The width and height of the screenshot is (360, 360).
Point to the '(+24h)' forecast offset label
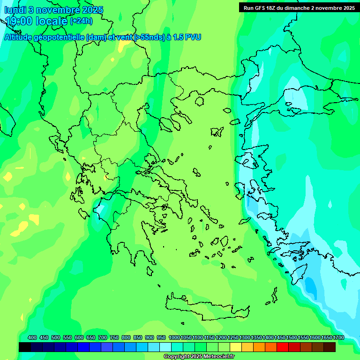click(81, 21)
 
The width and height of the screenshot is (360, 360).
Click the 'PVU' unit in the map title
click(193, 37)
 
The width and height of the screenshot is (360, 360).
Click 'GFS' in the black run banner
click(262, 8)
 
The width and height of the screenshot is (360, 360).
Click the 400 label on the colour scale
click(32, 337)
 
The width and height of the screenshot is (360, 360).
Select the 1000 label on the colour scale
click(174, 337)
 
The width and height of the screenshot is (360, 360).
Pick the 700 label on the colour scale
click(103, 337)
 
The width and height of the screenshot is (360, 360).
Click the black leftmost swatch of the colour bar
click(25, 347)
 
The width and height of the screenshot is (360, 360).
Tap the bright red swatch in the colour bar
click(283, 347)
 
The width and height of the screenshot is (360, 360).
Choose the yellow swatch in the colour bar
click(236, 347)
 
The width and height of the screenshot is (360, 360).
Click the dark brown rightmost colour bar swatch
click(330, 347)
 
